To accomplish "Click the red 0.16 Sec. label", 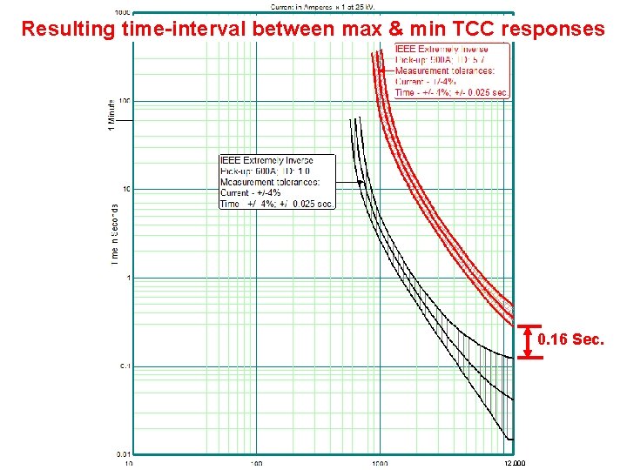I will coord(570,339).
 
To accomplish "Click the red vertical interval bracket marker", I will coord(528,340).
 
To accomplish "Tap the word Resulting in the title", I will coord(66,29).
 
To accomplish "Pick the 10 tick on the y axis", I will coord(125,189).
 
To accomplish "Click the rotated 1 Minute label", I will coord(111,116).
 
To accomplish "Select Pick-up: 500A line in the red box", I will coord(442,60).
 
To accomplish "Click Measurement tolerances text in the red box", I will coord(445,70).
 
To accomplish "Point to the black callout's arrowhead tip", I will coord(363,182).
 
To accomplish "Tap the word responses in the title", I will coord(554,29).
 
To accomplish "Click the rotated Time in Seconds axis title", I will coord(115,235).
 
